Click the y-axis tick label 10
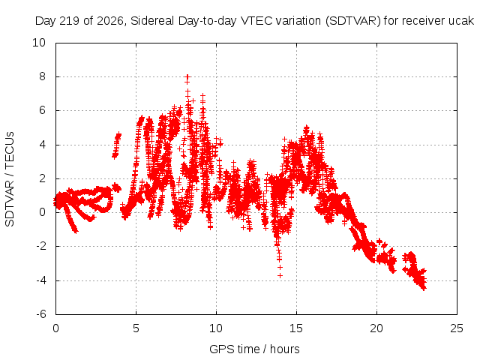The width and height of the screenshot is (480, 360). tap(39, 43)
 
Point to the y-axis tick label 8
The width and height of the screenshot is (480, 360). tap(42, 76)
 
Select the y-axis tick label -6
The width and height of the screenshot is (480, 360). tap(40, 314)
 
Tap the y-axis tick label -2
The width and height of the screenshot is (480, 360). tap(40, 246)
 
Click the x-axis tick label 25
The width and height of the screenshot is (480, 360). tap(457, 328)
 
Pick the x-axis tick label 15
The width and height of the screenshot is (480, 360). tap(296, 328)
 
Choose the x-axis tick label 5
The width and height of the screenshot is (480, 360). tap(136, 328)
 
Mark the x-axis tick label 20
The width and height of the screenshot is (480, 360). tap(376, 328)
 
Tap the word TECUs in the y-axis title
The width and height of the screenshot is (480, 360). tap(10, 150)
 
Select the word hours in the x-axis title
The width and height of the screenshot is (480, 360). tap(285, 349)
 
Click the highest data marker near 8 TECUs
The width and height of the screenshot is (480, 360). tap(187, 76)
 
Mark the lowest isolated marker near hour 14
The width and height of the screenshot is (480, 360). tap(280, 276)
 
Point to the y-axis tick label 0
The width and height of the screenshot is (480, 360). tap(42, 212)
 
